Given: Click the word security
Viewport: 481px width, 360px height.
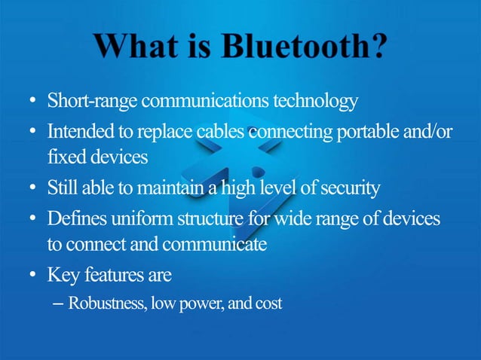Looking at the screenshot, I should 350,187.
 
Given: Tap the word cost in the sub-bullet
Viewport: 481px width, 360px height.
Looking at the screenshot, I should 267,304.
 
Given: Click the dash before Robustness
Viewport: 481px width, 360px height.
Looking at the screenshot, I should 58,304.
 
